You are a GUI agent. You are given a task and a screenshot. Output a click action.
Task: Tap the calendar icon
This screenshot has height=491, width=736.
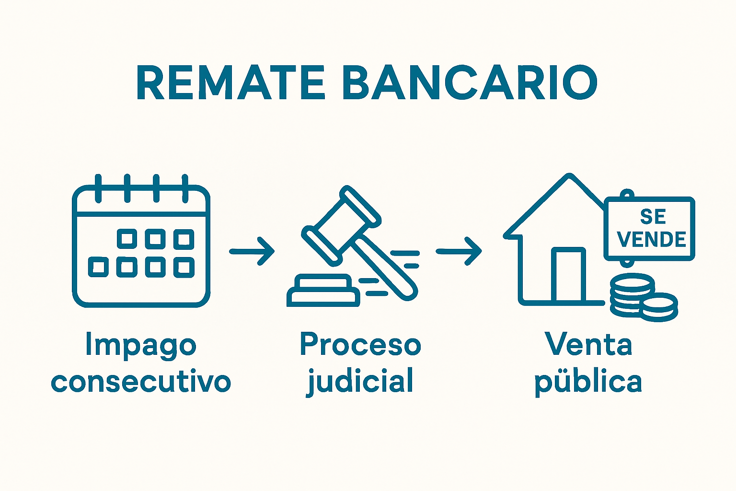tap(141, 245)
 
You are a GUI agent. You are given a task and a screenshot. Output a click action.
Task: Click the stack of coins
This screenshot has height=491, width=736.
tap(642, 297)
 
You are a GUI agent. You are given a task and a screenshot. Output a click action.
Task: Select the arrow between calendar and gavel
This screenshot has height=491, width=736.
tap(252, 251)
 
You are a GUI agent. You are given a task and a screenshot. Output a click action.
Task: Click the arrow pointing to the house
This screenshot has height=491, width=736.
tap(459, 251)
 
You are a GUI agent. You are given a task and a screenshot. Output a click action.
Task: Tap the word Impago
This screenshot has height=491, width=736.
tap(141, 345)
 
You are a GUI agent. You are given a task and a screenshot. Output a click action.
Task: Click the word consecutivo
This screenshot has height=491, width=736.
tap(141, 382)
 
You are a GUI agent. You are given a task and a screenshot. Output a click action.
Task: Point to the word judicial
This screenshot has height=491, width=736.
tap(360, 382)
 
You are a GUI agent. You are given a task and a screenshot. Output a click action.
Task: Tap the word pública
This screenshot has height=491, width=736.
tap(588, 382)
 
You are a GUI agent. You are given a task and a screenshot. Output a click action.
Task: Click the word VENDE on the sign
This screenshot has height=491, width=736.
tap(652, 239)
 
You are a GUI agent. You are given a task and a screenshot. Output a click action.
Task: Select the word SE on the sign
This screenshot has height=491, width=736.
tap(653, 217)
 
